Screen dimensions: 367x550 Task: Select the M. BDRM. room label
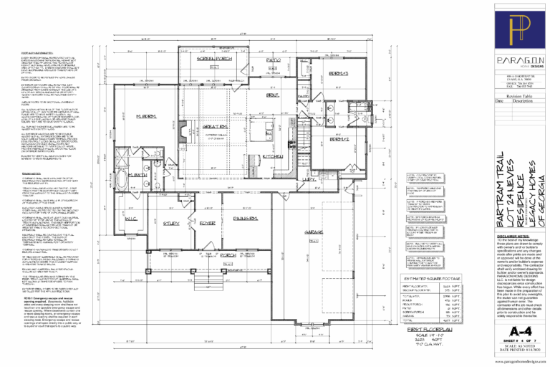coord(147,117)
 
